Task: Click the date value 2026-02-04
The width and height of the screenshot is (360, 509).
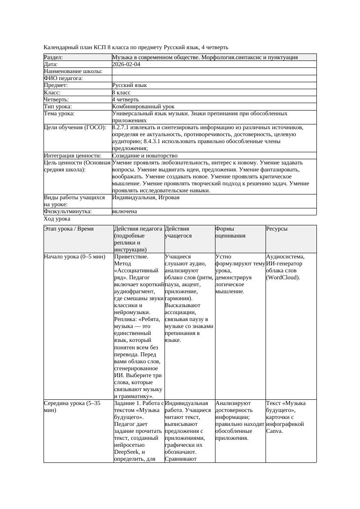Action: pos(126,64)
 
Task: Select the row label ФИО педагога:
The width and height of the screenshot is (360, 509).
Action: pos(64,78)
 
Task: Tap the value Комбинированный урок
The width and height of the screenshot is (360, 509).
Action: pos(143,106)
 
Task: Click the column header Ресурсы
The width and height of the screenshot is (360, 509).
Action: pos(277,229)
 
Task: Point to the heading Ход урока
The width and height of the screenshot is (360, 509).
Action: pos(57,219)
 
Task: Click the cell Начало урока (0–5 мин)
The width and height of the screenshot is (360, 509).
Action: pos(74,257)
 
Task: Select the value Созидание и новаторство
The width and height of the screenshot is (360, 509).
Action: pos(145,155)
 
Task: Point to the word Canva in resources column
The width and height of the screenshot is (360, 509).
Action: pos(275,431)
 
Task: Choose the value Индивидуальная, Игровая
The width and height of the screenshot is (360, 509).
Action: pos(146,198)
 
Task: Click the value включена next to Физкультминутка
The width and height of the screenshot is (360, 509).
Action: pos(124,211)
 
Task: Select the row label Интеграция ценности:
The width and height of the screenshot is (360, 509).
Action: pos(73,155)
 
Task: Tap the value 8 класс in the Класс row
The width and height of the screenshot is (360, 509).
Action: pos(121,92)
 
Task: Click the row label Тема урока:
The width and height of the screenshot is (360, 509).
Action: pos(59,114)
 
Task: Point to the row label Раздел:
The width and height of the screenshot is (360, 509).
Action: pos(54,57)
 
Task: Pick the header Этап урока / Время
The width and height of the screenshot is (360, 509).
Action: pos(69,229)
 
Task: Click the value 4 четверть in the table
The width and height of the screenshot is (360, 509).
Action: pos(125,99)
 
